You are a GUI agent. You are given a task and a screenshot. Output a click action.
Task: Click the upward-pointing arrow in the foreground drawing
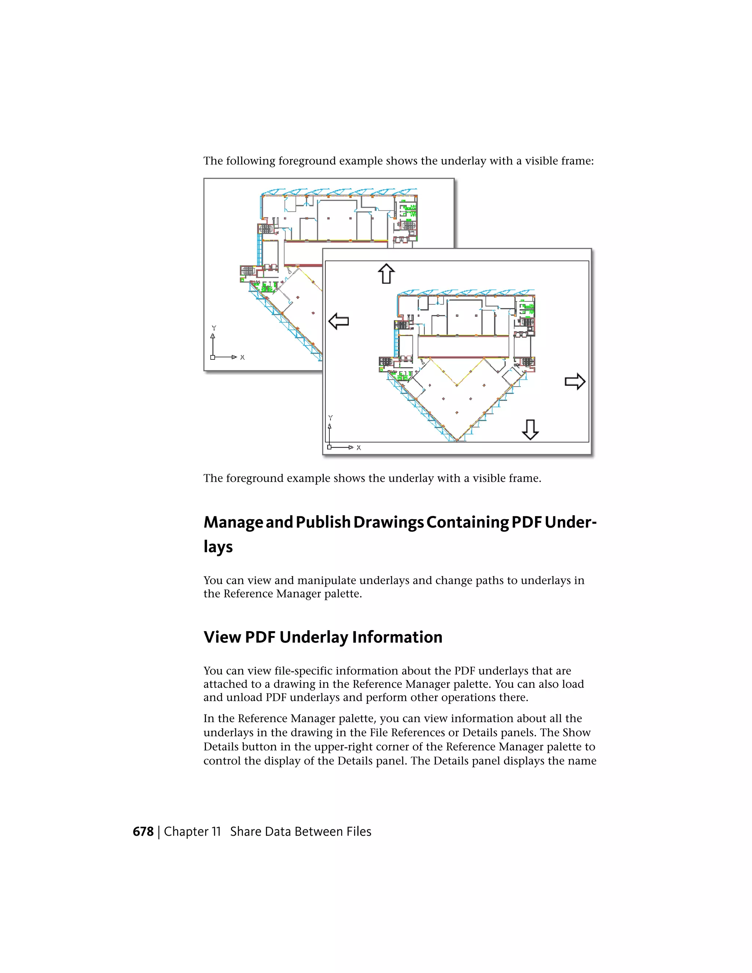coord(386,274)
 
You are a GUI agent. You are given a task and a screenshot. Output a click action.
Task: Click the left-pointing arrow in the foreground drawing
coord(338,321)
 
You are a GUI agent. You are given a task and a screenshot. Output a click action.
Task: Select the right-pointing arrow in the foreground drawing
coord(575,381)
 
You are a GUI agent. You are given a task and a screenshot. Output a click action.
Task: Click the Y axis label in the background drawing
coord(213,328)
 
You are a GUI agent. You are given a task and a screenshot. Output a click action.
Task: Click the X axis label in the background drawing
coord(242,357)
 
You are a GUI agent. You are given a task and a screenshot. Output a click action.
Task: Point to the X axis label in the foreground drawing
coord(359,448)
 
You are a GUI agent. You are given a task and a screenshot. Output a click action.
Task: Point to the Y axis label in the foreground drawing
coord(330,418)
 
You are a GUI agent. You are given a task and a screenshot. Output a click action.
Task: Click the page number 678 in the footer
coord(143,832)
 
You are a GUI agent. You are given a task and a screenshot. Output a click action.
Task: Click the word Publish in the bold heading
coord(323,522)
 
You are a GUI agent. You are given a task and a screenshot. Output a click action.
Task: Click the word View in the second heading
coord(222,637)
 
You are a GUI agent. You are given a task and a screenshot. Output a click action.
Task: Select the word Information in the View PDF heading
coord(397,637)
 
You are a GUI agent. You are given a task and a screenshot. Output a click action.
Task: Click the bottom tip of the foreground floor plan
coord(457,440)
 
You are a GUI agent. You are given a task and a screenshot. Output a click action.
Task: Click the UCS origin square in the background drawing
coord(213,357)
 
